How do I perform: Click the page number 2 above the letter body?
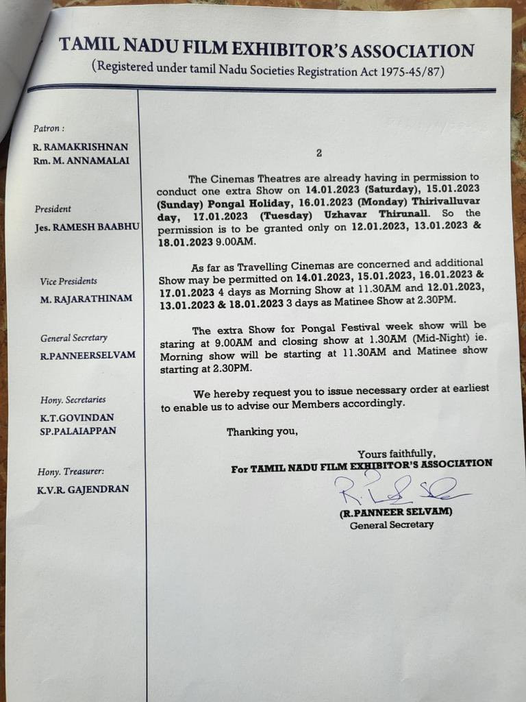click(x=318, y=153)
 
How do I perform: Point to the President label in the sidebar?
click(x=52, y=209)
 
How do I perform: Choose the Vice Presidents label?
click(x=68, y=281)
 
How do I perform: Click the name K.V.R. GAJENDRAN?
click(x=83, y=489)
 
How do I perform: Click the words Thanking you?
click(x=262, y=432)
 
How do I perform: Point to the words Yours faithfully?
click(x=396, y=452)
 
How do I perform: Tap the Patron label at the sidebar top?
click(x=49, y=128)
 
